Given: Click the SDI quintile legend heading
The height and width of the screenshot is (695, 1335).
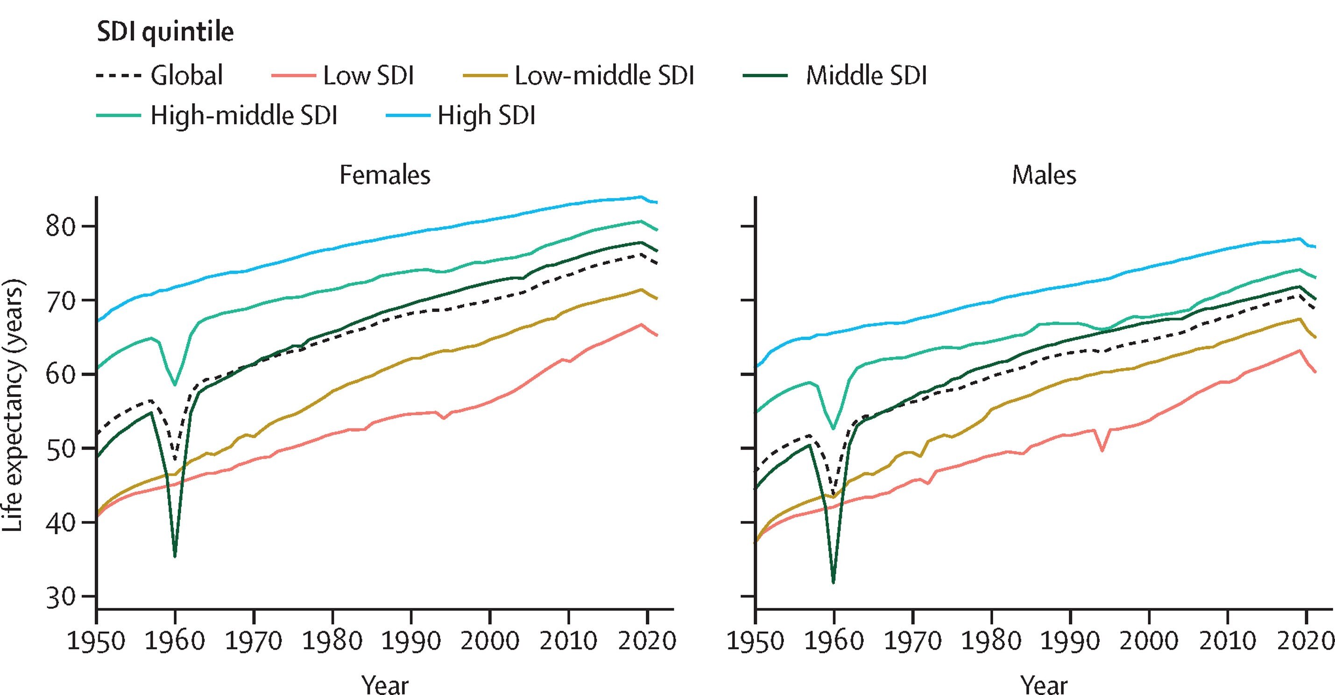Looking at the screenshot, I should tap(165, 32).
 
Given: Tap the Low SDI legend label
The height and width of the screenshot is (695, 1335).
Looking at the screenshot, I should tap(368, 76).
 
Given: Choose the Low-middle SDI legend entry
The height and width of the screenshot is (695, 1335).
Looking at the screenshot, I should tap(604, 76).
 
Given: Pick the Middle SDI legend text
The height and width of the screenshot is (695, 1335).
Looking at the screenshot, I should tap(865, 76).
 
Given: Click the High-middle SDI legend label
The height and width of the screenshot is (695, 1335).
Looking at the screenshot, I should tap(244, 115).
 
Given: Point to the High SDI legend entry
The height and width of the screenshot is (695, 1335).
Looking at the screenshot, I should tap(486, 115).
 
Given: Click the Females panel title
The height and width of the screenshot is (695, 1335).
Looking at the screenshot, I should tap(385, 175).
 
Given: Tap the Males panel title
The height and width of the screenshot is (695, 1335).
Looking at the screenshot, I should tap(1043, 175).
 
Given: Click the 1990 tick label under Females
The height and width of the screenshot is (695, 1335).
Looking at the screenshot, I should tap(411, 640).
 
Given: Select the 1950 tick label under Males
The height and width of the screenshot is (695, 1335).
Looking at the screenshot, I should tap(756, 640).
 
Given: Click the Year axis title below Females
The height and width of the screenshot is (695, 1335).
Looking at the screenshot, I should tap(385, 684).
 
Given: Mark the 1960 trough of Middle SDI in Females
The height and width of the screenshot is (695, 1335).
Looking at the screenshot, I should tap(175, 556).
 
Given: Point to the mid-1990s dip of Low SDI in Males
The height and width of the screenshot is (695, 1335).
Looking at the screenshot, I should tap(1102, 450).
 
